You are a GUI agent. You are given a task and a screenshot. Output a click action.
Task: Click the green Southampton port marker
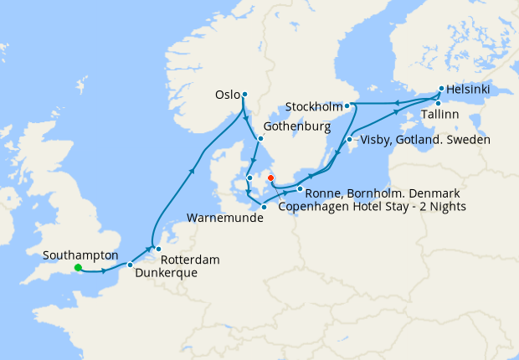point(77,268)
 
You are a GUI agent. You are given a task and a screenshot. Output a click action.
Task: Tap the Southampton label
point(80,255)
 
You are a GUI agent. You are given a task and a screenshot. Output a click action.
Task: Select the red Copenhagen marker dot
point(270,177)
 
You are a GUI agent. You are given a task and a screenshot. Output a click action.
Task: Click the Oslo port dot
point(244,95)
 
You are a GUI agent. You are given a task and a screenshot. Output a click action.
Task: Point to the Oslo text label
point(227,95)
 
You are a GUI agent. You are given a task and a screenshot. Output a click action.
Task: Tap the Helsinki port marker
point(441,88)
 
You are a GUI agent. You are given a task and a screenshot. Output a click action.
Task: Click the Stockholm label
point(313,107)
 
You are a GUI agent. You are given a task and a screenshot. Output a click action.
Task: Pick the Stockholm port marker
point(347,106)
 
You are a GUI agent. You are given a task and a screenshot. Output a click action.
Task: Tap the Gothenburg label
point(294,127)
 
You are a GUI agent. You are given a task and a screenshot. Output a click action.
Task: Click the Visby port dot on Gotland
point(349,139)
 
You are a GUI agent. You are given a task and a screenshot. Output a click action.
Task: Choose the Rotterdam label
point(189,260)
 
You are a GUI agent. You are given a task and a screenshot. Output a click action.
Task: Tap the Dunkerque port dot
point(130,265)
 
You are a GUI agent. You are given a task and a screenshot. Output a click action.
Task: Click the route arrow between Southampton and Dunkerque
point(104,270)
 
